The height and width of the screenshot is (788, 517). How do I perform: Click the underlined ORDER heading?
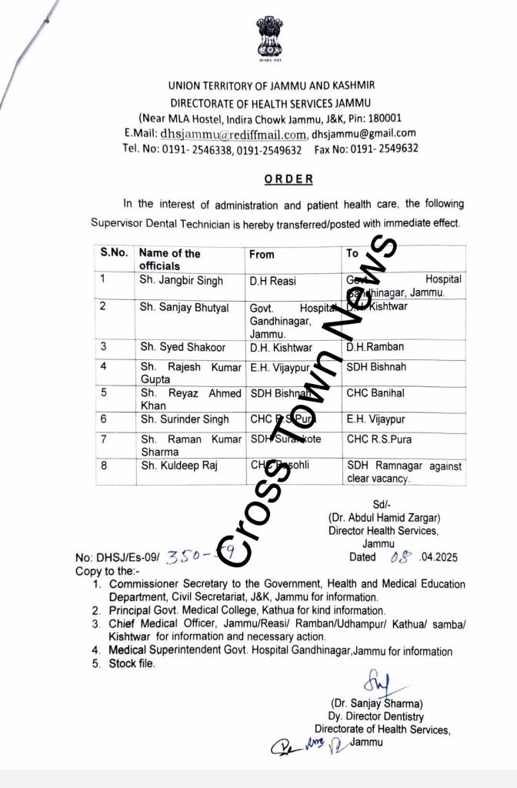point(289,179)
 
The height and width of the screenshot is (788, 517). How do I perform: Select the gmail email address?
point(364,133)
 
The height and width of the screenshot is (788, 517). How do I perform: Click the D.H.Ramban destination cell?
point(375,347)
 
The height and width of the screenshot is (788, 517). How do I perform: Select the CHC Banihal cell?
point(375,393)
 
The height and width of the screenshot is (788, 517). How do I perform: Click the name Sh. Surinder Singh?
point(184,419)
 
